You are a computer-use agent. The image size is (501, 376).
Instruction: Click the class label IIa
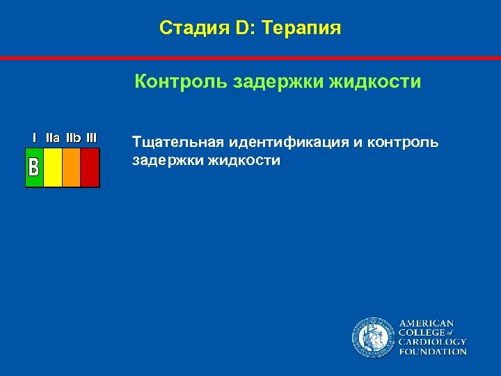click(53, 138)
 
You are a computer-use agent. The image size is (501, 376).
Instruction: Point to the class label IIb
click(73, 138)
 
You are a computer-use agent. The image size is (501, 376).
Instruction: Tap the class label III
click(91, 138)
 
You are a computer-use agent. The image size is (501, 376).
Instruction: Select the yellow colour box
click(53, 168)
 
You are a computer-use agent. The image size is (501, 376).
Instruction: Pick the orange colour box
click(72, 168)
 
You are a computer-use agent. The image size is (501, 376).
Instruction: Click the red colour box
click(90, 168)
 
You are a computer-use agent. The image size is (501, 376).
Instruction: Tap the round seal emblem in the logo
click(372, 338)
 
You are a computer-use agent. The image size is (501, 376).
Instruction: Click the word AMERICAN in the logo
click(426, 324)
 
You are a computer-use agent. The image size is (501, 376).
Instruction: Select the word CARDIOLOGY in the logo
click(432, 343)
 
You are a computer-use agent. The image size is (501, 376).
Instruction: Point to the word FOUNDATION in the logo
click(432, 352)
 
